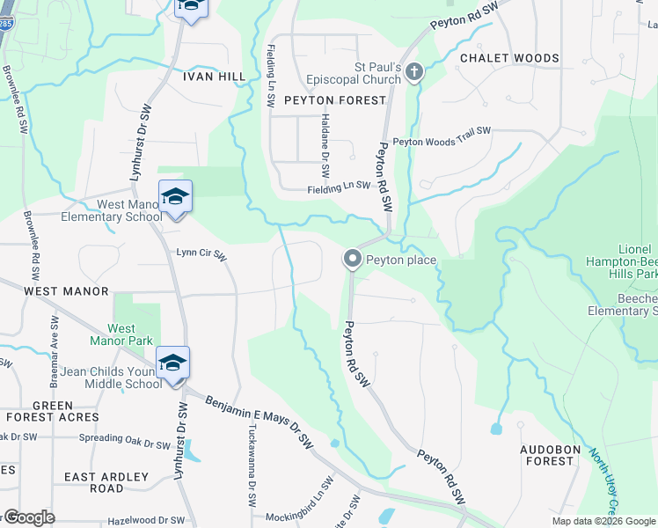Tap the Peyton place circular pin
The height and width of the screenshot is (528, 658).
click(353, 259)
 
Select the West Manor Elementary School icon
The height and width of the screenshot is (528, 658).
click(174, 197)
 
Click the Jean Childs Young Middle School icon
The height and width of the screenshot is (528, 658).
click(172, 363)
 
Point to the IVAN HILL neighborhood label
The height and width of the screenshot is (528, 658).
click(214, 77)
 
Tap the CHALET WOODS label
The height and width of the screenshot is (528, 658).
click(509, 58)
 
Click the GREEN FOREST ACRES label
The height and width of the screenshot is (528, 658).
click(53, 411)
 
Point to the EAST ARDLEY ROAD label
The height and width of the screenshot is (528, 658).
click(106, 482)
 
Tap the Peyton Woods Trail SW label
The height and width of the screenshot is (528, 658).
click(442, 141)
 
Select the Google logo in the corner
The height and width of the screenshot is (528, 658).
click(28, 517)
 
